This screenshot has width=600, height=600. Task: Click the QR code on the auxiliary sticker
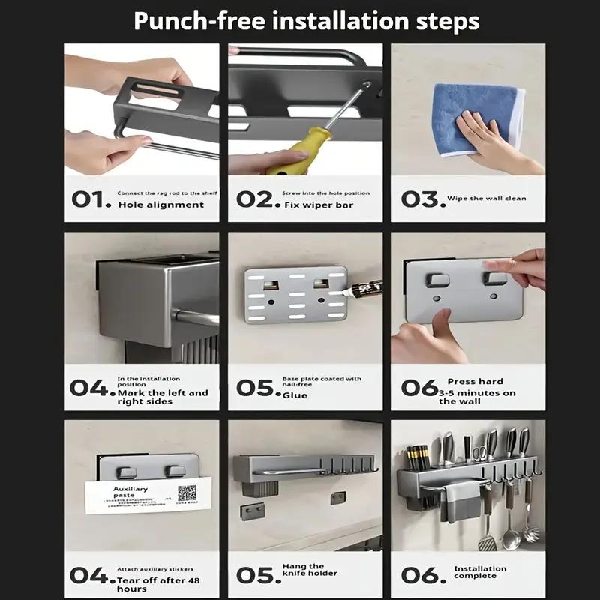186,493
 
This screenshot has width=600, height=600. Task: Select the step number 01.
91,199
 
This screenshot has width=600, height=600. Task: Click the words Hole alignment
160,205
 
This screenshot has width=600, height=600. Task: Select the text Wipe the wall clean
486,199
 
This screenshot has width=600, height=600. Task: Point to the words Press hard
475,382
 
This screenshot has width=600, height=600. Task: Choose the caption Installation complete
480,573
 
